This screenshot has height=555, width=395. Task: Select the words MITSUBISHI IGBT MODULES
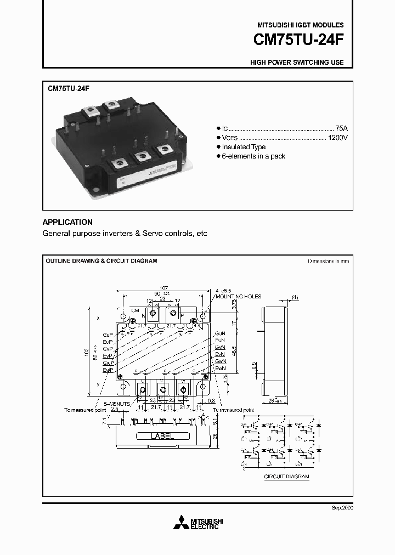[301, 25]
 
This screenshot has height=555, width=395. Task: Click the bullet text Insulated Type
[244, 147]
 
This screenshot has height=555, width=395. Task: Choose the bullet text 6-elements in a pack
[253, 156]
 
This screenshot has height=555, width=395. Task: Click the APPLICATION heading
[67, 222]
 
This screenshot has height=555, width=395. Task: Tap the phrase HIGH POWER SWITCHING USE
[297, 63]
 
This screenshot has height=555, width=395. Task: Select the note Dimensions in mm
[328, 261]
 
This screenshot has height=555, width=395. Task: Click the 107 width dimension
[163, 288]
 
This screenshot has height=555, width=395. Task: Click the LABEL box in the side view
[162, 437]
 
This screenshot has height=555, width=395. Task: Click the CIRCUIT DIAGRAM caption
[286, 477]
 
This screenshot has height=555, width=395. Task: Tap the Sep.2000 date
[342, 508]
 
